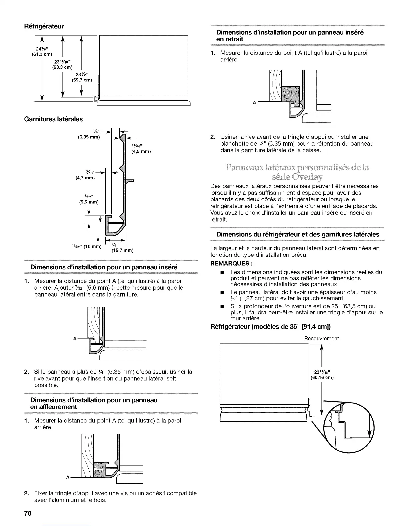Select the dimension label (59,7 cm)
pyautogui.click(x=82, y=80)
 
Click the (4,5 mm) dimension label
pyautogui.click(x=141, y=152)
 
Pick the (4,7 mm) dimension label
pyautogui.click(x=85, y=178)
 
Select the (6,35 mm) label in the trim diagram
pyautogui.click(x=88, y=137)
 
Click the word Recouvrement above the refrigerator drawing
pyautogui.click(x=321, y=338)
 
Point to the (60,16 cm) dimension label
pyautogui.click(x=322, y=378)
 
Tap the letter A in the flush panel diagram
pyautogui.click(x=68, y=477)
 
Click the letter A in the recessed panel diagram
pyautogui.click(x=254, y=103)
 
